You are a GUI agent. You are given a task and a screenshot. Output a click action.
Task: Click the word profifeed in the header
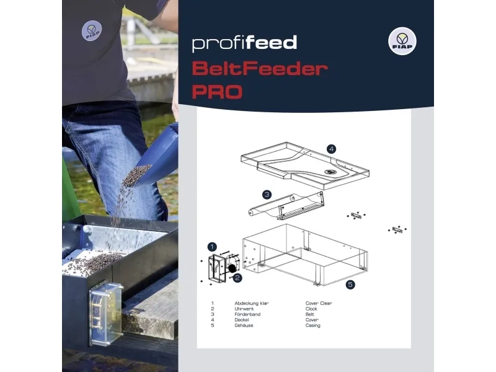[244, 43]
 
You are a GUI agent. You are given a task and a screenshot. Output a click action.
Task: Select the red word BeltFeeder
[259, 68]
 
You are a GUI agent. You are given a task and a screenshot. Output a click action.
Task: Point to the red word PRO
[216, 92]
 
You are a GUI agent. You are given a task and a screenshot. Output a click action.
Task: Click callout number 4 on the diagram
[332, 149]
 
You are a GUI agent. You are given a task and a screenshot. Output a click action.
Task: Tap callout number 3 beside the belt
[267, 195]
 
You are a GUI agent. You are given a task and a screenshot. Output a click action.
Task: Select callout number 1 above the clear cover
[212, 247]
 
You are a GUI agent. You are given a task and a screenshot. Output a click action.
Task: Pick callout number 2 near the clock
[237, 278]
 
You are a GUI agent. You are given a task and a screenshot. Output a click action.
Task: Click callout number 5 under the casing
[350, 285]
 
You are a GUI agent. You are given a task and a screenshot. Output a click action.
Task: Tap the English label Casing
[313, 325]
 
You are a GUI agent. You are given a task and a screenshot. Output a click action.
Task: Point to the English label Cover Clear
[319, 303]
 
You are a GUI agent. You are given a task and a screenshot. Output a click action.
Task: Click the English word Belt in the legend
[310, 314]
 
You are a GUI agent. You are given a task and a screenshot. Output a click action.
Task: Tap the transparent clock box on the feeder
[104, 313]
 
